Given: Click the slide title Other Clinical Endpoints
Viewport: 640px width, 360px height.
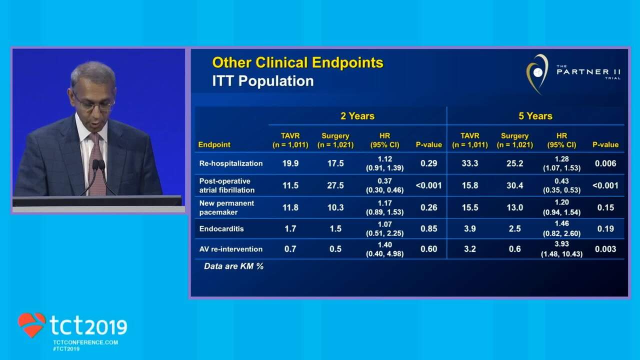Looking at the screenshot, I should [297, 62].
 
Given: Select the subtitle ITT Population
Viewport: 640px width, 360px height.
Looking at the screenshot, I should [262, 81].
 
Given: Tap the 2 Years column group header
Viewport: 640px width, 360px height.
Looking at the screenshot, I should [357, 116].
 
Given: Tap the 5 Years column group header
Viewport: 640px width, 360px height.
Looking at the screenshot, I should [535, 116].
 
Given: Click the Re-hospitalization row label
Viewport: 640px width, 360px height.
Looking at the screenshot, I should [230, 163].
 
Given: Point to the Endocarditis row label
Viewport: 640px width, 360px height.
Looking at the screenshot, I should [221, 228].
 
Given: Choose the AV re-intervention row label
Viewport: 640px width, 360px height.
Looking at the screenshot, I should [230, 249].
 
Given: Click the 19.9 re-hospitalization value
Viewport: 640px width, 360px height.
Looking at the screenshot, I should [290, 163].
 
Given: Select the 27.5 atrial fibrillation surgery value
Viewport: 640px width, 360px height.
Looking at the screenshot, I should [335, 185].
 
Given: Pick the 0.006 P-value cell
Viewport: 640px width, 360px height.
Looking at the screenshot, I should [605, 163].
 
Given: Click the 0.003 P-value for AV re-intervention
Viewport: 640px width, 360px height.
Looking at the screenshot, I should [605, 249].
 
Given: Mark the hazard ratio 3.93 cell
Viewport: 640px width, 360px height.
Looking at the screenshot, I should [561, 249].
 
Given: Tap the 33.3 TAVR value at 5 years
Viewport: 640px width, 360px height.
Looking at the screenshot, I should [469, 163].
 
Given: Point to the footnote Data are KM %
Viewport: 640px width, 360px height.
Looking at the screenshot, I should [233, 266].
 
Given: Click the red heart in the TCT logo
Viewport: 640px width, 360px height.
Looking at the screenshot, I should [31, 324].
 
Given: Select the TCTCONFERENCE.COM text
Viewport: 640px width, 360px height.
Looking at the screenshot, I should [85, 342].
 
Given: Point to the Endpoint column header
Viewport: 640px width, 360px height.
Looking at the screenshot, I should [214, 144].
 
